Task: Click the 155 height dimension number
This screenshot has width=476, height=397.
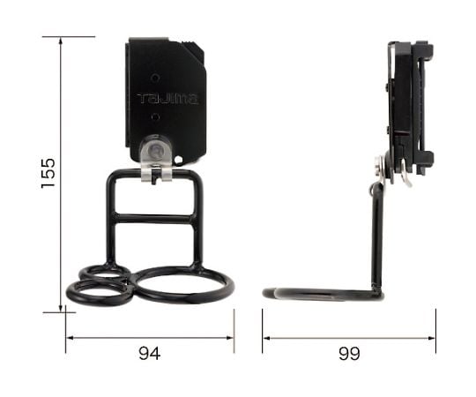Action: point(48,173)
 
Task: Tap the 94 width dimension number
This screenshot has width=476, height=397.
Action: point(149,354)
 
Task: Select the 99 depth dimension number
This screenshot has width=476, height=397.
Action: point(349,354)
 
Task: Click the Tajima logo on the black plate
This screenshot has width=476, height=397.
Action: point(167,99)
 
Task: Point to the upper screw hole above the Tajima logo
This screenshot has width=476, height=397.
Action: point(155,78)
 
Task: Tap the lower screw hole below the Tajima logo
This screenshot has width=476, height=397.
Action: point(155,116)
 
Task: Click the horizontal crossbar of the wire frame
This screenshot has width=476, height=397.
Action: point(154,219)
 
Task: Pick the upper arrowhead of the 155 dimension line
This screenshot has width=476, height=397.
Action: point(61,41)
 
